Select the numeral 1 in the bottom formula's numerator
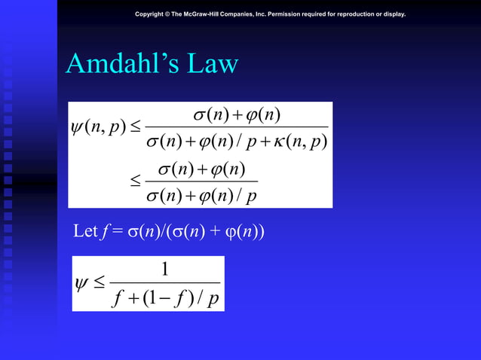tap(164, 270)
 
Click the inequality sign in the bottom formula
tap(100, 284)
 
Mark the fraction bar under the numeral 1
tap(164, 282)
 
